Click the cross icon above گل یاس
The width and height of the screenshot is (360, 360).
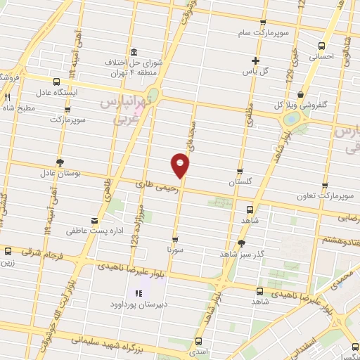[255, 60]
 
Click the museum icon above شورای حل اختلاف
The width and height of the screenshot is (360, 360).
[134, 51]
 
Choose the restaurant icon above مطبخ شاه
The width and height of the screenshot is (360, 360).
[7, 98]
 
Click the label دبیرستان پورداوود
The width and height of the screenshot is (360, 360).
[137, 304]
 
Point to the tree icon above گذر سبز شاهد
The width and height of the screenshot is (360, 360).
[242, 243]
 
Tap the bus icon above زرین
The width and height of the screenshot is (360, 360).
[8, 251]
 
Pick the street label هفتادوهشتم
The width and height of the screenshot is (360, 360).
[339, 240]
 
